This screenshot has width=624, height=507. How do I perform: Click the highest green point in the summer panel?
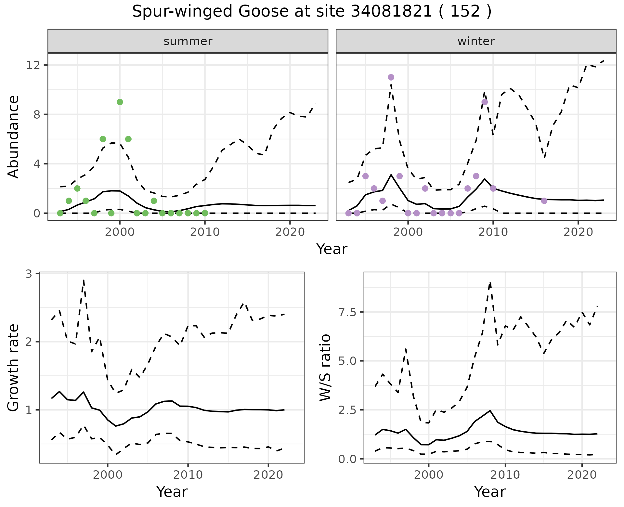(120, 102)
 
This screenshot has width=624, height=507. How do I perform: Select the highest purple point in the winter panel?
(391, 77)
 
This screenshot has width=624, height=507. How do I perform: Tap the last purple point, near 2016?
(544, 201)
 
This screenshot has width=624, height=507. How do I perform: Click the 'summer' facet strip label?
(188, 41)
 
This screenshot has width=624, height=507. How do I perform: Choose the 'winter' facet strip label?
(476, 41)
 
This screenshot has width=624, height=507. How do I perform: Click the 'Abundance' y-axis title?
(14, 136)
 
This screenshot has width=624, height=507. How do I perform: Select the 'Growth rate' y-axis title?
(14, 368)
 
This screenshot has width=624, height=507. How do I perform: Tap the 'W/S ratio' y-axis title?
(325, 368)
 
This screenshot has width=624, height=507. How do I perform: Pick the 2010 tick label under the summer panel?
(205, 232)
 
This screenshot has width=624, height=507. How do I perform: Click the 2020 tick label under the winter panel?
(578, 232)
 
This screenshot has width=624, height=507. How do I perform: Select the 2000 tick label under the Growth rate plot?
(108, 475)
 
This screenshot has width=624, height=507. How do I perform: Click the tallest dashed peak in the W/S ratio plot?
(490, 282)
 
